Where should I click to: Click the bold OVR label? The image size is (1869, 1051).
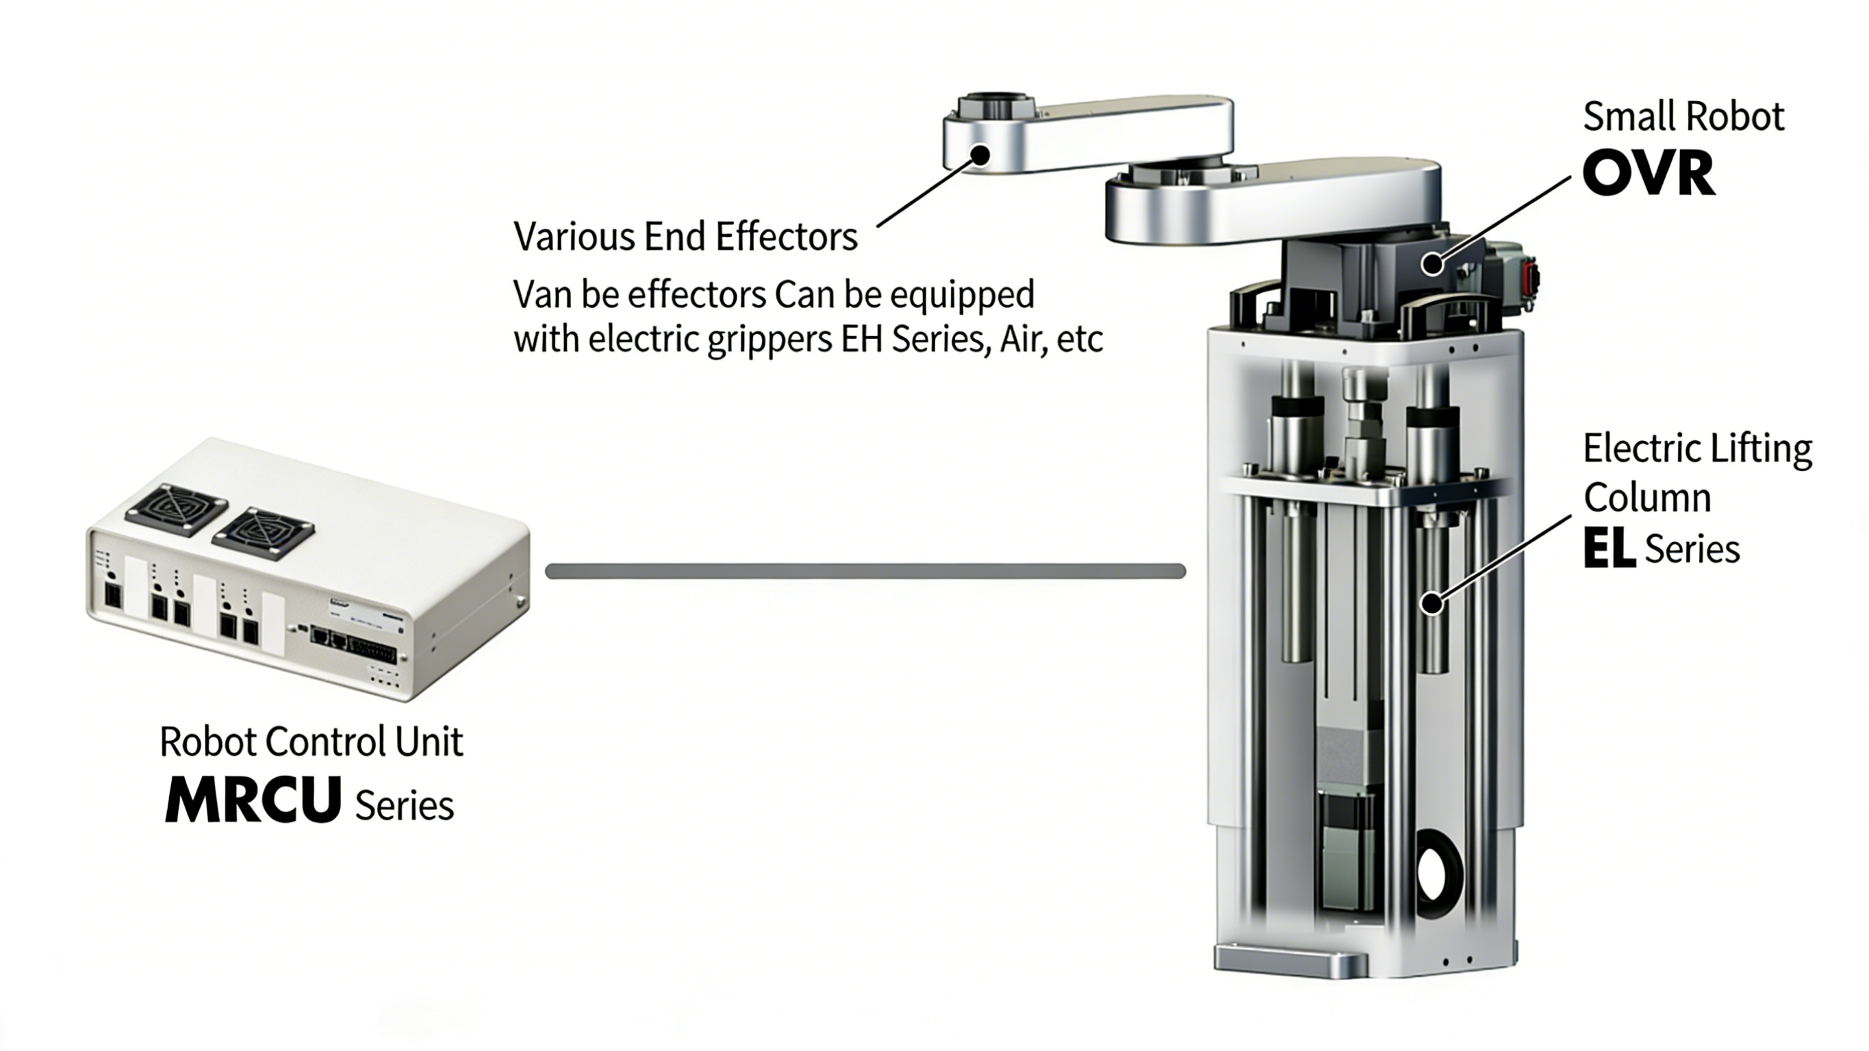[1649, 173]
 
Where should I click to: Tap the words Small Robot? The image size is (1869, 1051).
[1683, 117]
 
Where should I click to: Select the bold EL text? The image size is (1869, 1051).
[1609, 548]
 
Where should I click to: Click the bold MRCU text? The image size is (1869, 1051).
[253, 799]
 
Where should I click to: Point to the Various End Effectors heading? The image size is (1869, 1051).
[685, 237]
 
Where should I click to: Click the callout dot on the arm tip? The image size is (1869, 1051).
[980, 155]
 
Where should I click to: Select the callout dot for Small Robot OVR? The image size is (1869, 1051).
[1432, 264]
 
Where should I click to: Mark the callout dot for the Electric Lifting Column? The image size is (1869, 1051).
[1432, 603]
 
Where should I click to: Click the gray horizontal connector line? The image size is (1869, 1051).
[865, 571]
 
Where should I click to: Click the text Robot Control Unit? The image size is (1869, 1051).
[311, 742]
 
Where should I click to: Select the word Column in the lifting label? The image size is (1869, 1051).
[1647, 498]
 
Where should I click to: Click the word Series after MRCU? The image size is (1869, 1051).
[404, 805]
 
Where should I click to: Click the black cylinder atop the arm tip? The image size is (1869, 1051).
[994, 106]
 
